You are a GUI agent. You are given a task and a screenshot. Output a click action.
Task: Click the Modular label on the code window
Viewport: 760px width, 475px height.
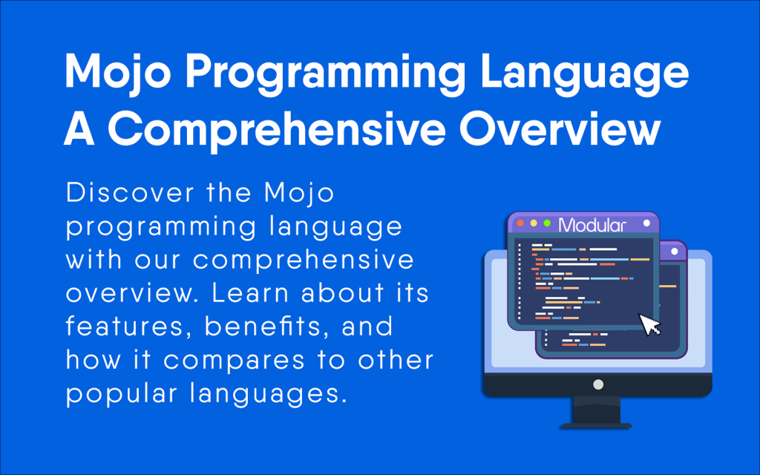point(592,225)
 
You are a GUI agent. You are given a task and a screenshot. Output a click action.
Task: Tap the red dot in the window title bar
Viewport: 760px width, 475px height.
point(520,223)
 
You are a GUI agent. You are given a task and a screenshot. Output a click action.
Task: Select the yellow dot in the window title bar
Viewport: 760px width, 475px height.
point(534,223)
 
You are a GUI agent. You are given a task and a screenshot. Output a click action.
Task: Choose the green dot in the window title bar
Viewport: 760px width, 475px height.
point(547,223)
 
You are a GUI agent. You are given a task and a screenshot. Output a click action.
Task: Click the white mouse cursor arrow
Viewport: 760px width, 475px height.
point(650,325)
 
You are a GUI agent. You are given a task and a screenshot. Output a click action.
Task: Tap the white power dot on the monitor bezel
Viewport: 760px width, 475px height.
point(597,385)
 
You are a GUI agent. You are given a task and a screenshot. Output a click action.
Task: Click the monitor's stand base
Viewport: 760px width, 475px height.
point(596,425)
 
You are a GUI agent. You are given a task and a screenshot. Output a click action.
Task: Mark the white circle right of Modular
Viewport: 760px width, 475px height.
point(646,223)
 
